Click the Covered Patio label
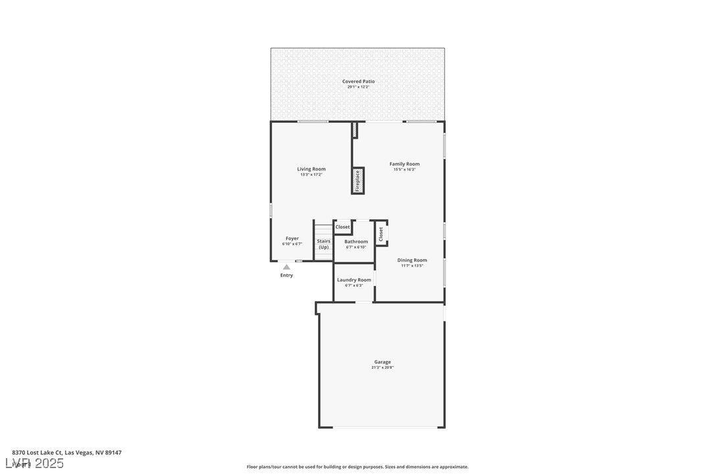358,82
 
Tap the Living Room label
311,169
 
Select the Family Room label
404,164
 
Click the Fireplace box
357,181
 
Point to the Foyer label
292,239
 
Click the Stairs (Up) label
323,244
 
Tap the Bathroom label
356,241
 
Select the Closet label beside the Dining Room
381,234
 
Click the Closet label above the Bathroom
342,227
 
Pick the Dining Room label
412,260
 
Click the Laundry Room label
354,280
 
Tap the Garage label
383,362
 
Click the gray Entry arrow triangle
286,267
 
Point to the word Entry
286,275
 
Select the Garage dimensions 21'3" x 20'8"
383,368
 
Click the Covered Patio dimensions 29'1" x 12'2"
358,87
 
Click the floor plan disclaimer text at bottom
357,467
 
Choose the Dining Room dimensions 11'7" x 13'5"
412,266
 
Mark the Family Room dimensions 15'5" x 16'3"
404,170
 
